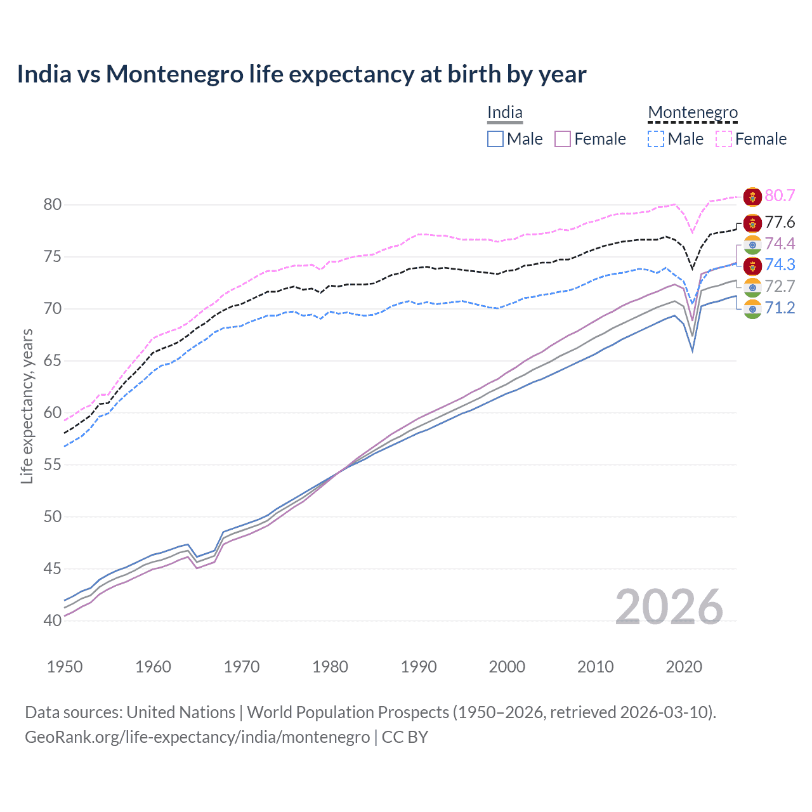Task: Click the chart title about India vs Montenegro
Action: [x=301, y=74]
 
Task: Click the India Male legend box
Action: [x=495, y=139]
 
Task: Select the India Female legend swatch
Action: [x=563, y=139]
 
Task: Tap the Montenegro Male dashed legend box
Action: [x=656, y=139]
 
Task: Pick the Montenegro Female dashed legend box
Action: [x=724, y=139]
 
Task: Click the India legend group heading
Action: [x=504, y=113]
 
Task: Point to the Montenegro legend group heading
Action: [x=693, y=113]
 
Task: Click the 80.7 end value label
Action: [x=780, y=195]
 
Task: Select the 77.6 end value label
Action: [x=780, y=222]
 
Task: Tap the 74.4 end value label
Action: [x=780, y=244]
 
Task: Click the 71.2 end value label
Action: [x=780, y=308]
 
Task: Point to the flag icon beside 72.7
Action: [x=752, y=287]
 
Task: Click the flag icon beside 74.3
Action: [x=752, y=265]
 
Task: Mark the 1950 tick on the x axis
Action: [x=65, y=667]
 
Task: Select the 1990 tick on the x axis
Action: [x=419, y=667]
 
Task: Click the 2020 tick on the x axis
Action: [x=684, y=667]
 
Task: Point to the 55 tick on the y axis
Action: [x=53, y=465]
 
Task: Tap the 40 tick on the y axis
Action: [x=53, y=620]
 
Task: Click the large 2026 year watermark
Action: [x=669, y=607]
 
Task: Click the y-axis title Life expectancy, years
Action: [x=27, y=406]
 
